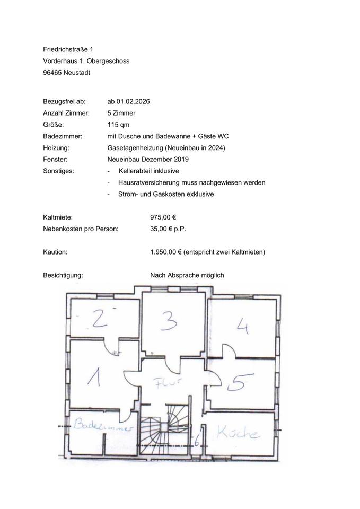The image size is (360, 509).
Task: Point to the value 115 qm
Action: [x=118, y=125]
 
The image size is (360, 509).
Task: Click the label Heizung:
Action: [x=56, y=148]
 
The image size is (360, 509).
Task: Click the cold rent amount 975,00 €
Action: [x=163, y=217]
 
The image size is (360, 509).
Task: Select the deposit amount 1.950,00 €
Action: [x=166, y=252]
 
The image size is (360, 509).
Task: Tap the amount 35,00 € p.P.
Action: [x=168, y=229]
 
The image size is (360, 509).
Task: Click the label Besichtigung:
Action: [x=63, y=275]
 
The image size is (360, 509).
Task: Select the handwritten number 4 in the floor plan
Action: [x=242, y=324]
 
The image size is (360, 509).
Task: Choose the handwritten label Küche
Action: [x=239, y=433]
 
